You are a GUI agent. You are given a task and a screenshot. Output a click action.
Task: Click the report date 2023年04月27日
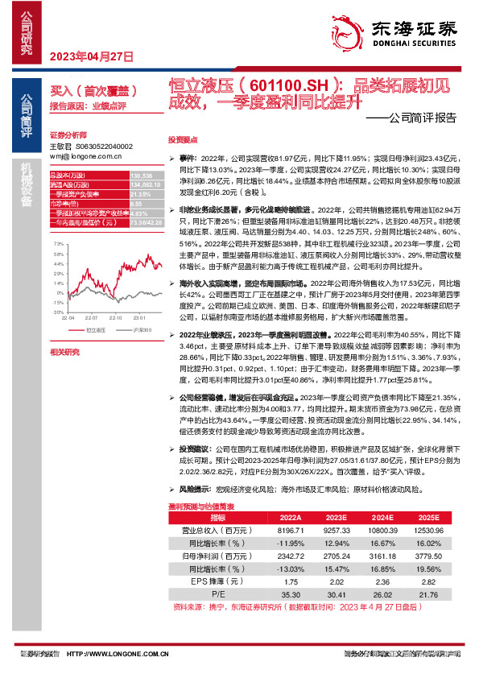pos(91,56)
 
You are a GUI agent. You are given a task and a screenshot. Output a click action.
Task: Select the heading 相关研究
pos(64,352)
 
